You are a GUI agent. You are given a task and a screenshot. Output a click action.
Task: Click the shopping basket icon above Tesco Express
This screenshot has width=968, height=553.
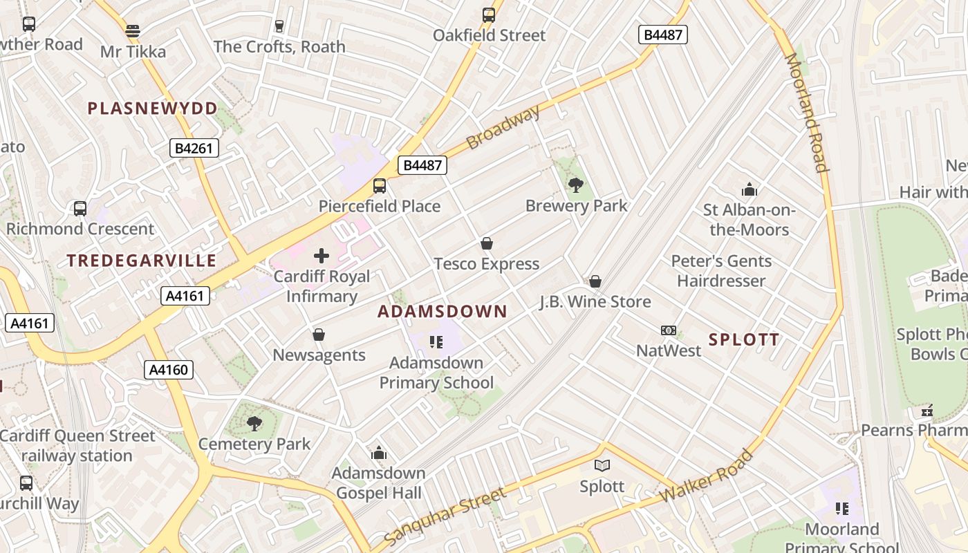(487, 243)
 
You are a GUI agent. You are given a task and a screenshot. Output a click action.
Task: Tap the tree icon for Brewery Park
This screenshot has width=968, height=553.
(575, 185)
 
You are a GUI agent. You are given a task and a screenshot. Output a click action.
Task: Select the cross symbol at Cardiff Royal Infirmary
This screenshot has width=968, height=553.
(322, 256)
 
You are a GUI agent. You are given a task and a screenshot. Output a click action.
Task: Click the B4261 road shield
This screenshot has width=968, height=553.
(194, 148)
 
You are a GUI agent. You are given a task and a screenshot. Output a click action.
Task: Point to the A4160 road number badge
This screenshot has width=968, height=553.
(169, 370)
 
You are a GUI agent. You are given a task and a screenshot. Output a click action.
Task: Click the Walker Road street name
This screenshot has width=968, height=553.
(706, 476)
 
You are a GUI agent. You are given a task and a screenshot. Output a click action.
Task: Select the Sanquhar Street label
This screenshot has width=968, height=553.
(445, 516)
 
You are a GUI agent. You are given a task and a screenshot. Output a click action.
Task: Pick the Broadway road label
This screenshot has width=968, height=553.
(503, 128)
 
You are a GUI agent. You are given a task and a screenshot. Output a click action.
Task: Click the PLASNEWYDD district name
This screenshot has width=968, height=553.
(152, 109)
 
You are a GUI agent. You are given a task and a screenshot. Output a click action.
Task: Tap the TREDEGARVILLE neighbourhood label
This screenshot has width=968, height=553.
(142, 261)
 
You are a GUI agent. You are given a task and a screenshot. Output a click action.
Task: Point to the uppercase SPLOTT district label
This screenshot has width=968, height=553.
(744, 339)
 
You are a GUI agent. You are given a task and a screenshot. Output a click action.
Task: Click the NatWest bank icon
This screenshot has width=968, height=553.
(669, 330)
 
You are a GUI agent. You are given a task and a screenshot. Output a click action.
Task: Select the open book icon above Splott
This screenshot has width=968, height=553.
(602, 465)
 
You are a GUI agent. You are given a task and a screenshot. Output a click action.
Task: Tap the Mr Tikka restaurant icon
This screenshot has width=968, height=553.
(133, 31)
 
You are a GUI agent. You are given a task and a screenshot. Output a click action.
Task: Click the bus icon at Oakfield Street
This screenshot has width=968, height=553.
(489, 15)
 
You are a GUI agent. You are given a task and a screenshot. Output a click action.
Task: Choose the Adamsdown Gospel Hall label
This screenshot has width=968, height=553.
(378, 483)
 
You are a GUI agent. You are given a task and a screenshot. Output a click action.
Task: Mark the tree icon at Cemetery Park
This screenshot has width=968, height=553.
(254, 423)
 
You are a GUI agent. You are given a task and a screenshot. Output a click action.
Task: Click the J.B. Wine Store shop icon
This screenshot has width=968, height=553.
(595, 281)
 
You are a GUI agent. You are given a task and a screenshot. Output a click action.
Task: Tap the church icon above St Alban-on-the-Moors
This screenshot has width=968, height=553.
(749, 189)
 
